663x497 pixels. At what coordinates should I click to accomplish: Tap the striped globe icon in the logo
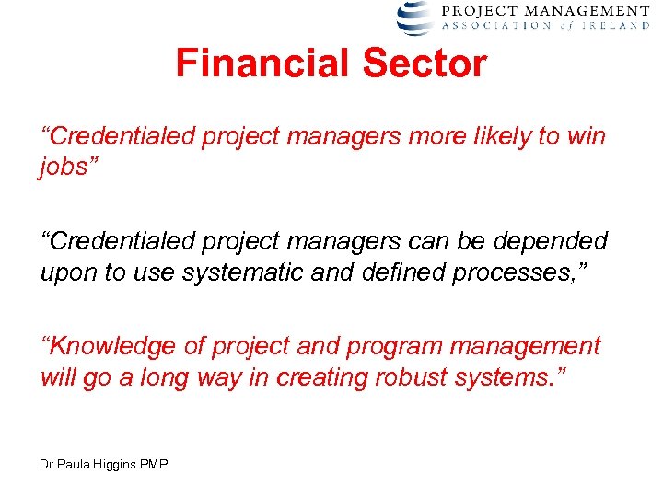click(413, 17)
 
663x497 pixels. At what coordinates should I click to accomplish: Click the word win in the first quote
click(585, 137)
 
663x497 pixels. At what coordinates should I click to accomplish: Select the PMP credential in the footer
click(155, 465)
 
